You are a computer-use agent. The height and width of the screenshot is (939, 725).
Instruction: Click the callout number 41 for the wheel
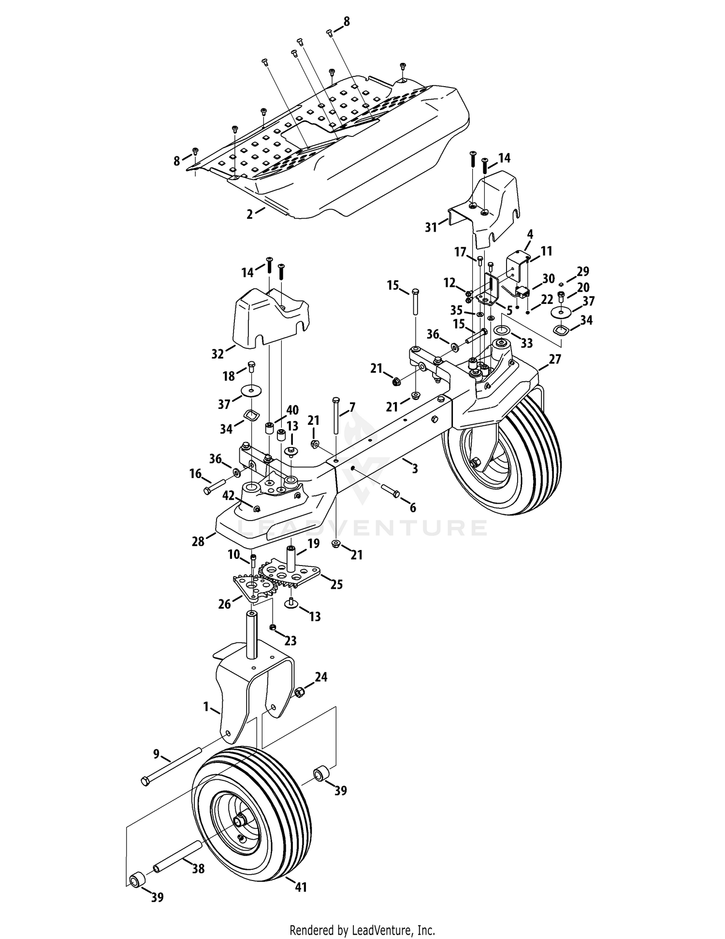pyautogui.click(x=301, y=887)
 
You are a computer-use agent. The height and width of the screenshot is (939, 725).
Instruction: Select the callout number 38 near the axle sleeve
pyautogui.click(x=198, y=868)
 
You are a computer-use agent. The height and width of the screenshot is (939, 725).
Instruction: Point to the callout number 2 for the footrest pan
pyautogui.click(x=249, y=214)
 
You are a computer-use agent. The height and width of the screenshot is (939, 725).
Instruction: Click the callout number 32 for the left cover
pyautogui.click(x=218, y=354)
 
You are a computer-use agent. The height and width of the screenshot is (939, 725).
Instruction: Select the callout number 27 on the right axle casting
pyautogui.click(x=555, y=358)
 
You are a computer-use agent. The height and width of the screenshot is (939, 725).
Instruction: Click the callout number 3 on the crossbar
pyautogui.click(x=415, y=468)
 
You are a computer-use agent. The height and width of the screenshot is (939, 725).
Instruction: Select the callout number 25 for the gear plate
pyautogui.click(x=336, y=584)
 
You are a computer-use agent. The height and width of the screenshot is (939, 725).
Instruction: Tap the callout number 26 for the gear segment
pyautogui.click(x=225, y=604)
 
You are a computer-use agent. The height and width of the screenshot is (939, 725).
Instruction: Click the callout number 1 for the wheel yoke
pyautogui.click(x=206, y=707)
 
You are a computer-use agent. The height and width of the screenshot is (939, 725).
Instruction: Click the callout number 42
pyautogui.click(x=228, y=495)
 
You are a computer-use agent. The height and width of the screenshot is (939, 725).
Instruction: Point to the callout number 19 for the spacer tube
pyautogui.click(x=313, y=544)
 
